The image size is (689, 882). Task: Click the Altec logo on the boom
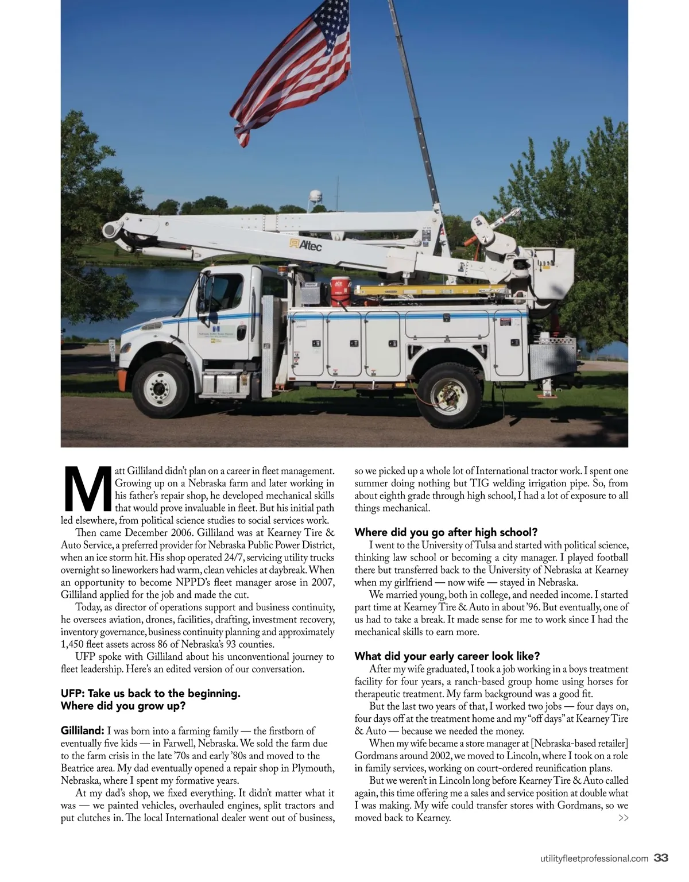[306, 245]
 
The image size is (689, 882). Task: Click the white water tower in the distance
[315, 202]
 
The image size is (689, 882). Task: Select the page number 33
[661, 858]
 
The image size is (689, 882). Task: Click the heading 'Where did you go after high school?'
[446, 532]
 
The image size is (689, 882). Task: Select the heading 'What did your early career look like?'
[447, 656]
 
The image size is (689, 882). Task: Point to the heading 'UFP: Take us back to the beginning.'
[150, 693]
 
